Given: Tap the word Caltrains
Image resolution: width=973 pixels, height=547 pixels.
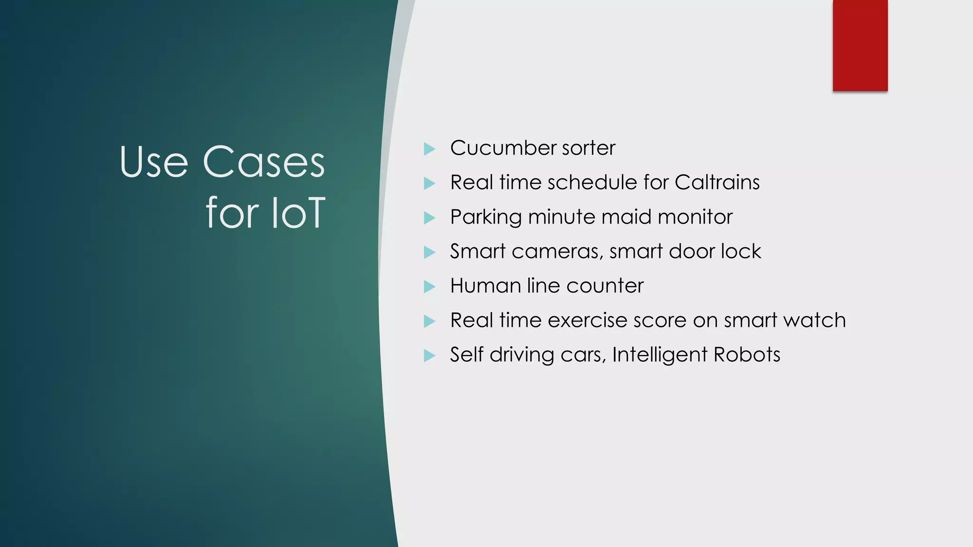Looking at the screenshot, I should [x=717, y=183].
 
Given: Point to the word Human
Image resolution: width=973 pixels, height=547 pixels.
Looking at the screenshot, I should [x=485, y=286].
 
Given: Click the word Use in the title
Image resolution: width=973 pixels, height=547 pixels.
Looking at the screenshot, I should [x=154, y=162].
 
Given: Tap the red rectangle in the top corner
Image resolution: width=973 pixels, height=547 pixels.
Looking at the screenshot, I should [x=860, y=45].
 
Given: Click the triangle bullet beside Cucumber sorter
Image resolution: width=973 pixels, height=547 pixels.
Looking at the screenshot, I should [x=429, y=149].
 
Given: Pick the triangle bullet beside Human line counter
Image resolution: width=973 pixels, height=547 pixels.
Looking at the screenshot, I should [x=429, y=287].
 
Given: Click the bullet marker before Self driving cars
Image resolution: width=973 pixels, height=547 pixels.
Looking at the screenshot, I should [x=429, y=356].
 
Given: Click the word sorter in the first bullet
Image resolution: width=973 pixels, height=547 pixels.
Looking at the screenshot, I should [x=589, y=148].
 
